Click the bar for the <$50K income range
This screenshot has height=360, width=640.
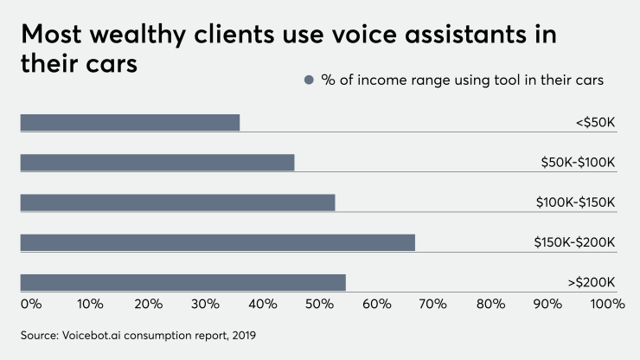point(130,122)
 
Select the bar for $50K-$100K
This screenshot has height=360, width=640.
point(157,162)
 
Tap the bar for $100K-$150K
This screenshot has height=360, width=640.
point(177,202)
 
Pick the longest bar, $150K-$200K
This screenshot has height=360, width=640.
point(217,242)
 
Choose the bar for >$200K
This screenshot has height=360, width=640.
point(182,282)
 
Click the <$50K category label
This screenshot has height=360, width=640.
point(595,123)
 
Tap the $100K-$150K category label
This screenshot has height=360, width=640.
point(575,202)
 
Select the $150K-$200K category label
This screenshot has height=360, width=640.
point(574,242)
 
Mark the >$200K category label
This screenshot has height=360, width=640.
point(592,282)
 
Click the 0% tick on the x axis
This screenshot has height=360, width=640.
point(30,304)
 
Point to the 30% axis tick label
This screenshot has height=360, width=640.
point(205,304)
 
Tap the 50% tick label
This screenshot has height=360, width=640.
point(319,304)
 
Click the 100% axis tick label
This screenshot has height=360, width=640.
point(607,304)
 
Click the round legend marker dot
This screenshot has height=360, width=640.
point(308,80)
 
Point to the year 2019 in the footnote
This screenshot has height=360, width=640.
point(243,334)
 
